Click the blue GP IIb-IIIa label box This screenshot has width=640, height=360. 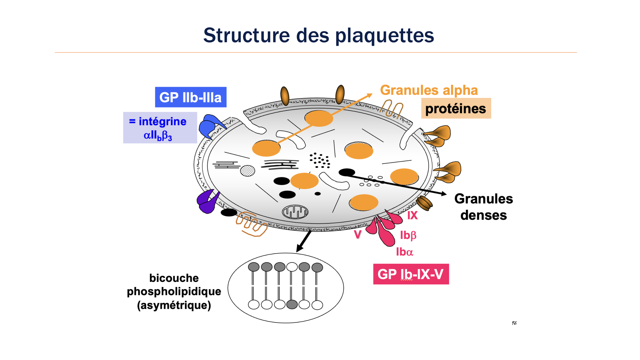[x=191, y=97]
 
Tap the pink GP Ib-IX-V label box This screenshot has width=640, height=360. [x=411, y=274]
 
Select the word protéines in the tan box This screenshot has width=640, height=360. [x=456, y=109]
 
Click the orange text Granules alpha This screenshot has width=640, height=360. [x=429, y=90]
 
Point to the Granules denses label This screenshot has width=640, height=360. [x=484, y=207]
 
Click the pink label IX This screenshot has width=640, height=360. [x=412, y=215]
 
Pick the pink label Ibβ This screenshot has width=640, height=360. [x=408, y=235]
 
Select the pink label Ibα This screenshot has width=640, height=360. [x=404, y=252]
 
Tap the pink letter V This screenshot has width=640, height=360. [x=358, y=235]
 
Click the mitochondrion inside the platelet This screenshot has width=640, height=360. [x=295, y=212]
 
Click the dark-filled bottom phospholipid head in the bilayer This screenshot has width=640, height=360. [x=292, y=305]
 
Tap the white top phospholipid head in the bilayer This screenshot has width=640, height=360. [x=292, y=267]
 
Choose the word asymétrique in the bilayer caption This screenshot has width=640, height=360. [x=174, y=305]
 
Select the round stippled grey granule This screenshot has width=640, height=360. [x=247, y=171]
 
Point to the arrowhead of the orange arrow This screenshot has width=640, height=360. [x=370, y=95]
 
